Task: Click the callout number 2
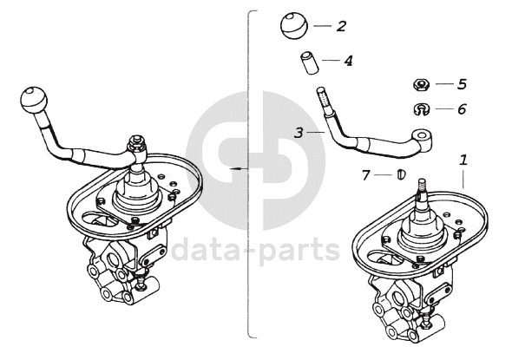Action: coord(341,26)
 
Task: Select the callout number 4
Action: coord(349,61)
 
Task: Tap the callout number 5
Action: coord(462,84)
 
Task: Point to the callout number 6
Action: coord(462,109)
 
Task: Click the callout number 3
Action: coord(299,133)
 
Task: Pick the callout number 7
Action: coord(365,175)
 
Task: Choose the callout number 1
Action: coord(463,160)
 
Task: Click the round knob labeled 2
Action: coord(294,25)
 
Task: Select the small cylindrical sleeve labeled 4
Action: coord(309,62)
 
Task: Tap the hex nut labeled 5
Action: coord(421,84)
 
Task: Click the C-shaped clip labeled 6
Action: coord(421,109)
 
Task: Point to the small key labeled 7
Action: coord(401,174)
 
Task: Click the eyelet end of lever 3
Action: coord(422,137)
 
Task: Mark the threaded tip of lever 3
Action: coord(321,99)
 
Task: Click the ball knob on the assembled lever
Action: coord(34,100)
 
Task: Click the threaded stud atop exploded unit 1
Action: coord(422,187)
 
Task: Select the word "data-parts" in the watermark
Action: coord(256,250)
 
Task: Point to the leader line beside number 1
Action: coord(463,180)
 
